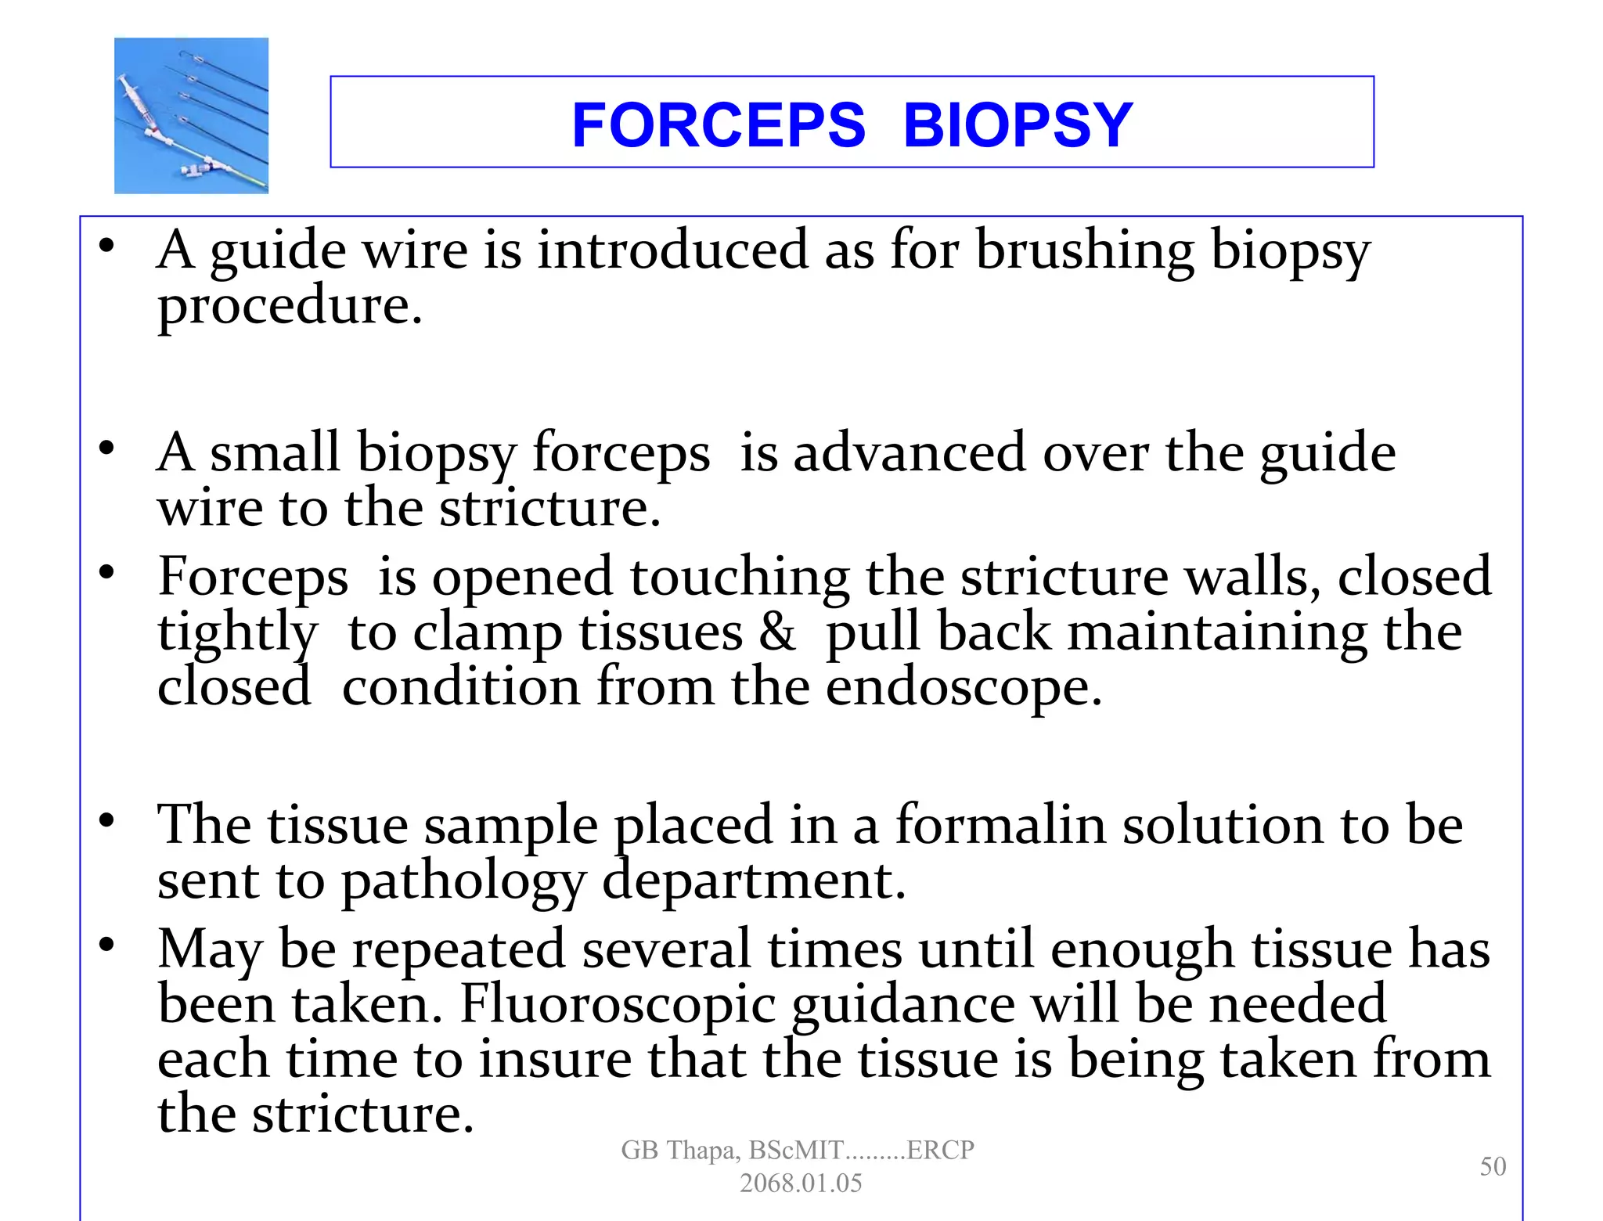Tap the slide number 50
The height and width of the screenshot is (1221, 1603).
click(1493, 1166)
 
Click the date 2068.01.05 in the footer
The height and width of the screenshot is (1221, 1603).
click(801, 1183)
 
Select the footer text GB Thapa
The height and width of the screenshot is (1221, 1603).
click(679, 1150)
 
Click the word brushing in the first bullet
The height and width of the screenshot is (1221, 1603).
click(1085, 252)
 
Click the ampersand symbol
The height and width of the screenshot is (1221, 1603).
click(777, 632)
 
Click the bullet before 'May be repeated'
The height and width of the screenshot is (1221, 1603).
click(106, 945)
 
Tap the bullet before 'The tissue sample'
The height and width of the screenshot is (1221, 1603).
click(106, 820)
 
